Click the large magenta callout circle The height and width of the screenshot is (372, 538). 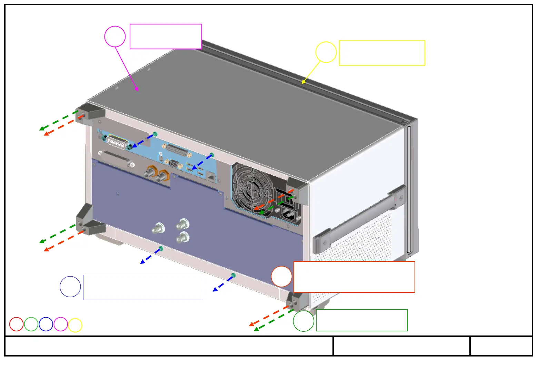coord(115,37)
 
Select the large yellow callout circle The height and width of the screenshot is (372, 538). coord(326,52)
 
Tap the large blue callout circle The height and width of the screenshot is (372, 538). coord(70,287)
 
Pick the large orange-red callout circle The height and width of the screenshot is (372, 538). coord(281,277)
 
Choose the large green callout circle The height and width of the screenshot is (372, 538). coord(303,321)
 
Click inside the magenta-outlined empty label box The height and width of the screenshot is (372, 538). coord(166,37)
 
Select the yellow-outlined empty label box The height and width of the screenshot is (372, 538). coord(382,53)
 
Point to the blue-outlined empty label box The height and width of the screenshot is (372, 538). coord(143,287)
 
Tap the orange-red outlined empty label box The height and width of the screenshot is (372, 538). coord(354,277)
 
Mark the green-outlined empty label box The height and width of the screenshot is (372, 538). coord(361,320)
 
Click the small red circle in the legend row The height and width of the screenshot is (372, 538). coord(16,324)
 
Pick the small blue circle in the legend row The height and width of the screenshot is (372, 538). coord(46,324)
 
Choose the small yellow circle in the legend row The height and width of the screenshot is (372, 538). coord(75,325)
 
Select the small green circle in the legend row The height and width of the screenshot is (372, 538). coord(31,324)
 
